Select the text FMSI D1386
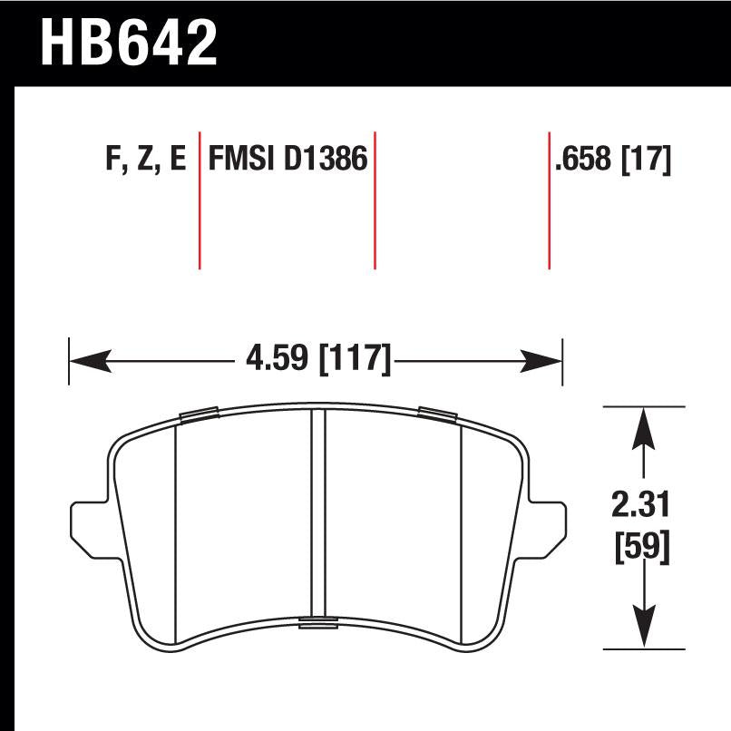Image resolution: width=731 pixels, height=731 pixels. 288,160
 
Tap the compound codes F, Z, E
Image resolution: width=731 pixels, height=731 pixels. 146,160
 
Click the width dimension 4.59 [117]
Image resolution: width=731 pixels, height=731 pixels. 317,360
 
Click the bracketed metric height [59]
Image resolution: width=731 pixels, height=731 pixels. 643,547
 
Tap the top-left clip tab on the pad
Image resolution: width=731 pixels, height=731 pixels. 199,415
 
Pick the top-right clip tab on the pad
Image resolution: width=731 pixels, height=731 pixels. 436,414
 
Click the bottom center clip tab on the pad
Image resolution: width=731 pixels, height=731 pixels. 317,622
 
